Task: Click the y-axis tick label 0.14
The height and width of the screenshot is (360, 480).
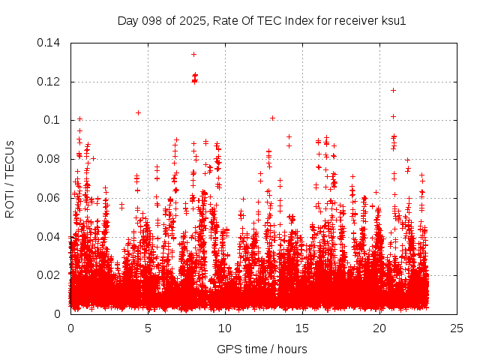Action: [50, 43]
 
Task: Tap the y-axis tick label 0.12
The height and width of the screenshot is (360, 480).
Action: [50, 82]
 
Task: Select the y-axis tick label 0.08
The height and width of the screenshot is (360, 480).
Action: [50, 159]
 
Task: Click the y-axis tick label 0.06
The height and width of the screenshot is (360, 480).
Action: [50, 198]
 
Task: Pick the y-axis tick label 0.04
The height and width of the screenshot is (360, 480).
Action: [50, 237]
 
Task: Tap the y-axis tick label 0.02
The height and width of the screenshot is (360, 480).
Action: [50, 275]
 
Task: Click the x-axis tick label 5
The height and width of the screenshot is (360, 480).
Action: [148, 328]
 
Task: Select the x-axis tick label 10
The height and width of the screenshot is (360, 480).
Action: [225, 328]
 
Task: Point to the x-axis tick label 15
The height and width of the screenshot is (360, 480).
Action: [302, 328]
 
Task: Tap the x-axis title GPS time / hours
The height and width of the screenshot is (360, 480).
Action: [262, 349]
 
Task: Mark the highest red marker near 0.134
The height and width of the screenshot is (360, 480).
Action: [193, 54]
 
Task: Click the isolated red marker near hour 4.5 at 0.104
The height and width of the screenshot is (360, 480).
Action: [138, 112]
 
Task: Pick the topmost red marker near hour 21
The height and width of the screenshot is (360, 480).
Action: [393, 90]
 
